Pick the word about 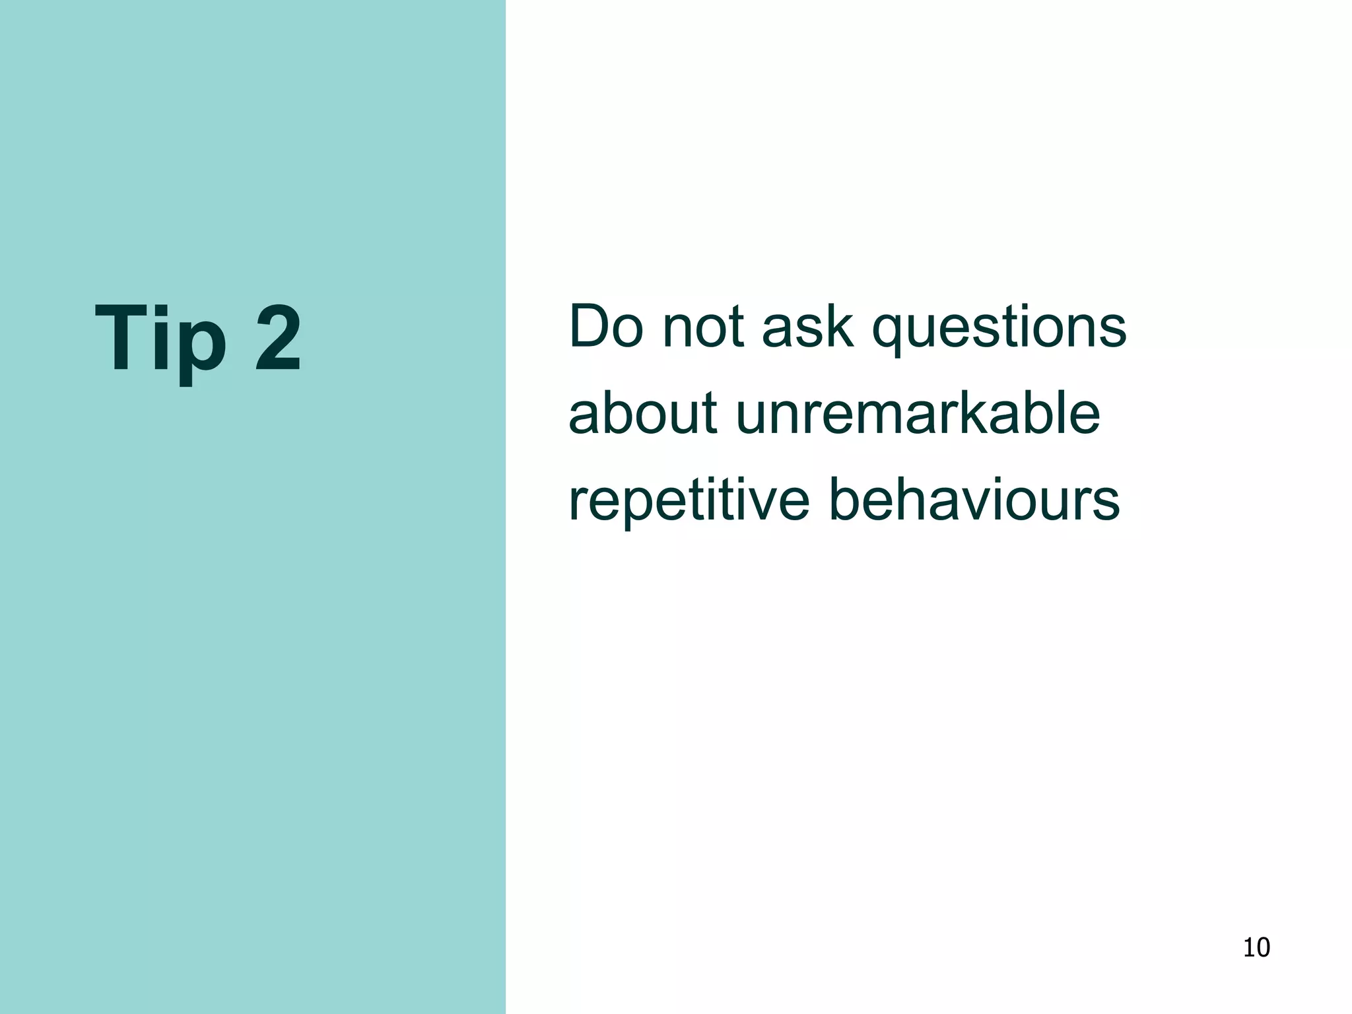pyautogui.click(x=642, y=413)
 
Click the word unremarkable pyautogui.click(x=918, y=413)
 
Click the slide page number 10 pyautogui.click(x=1256, y=948)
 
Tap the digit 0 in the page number pyautogui.click(x=1263, y=948)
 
